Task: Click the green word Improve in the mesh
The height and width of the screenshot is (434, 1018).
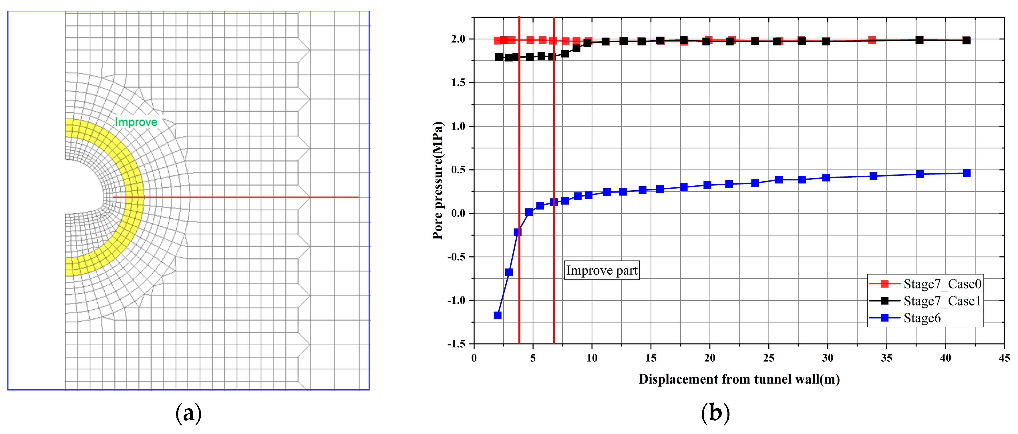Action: (x=136, y=122)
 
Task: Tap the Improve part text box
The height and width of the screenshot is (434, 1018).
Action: (x=601, y=270)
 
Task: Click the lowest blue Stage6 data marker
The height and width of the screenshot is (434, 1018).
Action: (x=498, y=315)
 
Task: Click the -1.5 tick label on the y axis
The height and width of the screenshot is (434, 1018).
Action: (x=456, y=344)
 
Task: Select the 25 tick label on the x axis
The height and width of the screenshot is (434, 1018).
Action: (x=769, y=358)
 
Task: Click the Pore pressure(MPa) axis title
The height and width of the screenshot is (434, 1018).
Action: (x=438, y=180)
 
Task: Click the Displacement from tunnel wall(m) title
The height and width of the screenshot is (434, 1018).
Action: (x=739, y=379)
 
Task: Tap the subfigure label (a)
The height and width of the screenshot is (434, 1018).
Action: (x=188, y=413)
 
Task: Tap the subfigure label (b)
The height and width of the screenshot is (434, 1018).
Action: (x=715, y=413)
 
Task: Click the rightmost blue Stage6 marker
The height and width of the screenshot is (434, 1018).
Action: (x=967, y=173)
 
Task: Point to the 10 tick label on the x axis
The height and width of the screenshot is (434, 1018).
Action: (x=592, y=358)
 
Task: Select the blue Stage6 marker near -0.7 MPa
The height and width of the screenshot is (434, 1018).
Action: (x=509, y=272)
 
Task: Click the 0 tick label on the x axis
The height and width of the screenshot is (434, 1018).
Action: (x=474, y=358)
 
